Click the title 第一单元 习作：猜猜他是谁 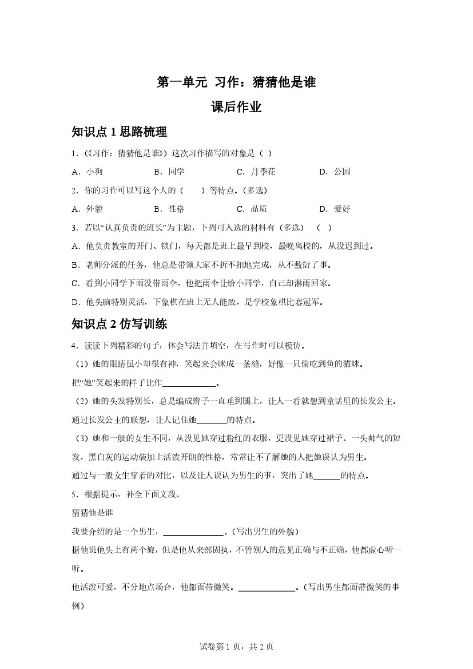pos(236,82)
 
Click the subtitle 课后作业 pos(236,107)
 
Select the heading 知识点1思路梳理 pos(119,132)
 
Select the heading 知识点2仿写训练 pos(119,324)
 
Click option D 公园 pos(335,172)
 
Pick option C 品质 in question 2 pos(252,209)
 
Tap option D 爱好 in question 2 pos(335,209)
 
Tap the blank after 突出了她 pos(327,476)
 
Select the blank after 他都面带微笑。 pos(266,588)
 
